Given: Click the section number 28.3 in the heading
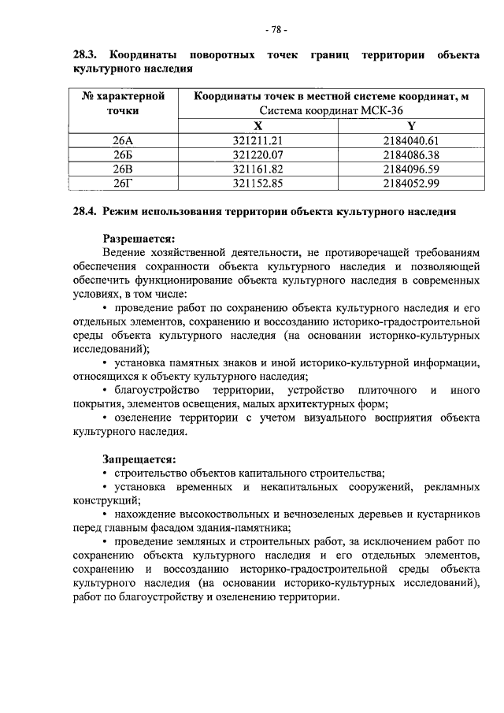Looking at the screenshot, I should tap(86, 56).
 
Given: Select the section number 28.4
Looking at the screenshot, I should tap(85, 212).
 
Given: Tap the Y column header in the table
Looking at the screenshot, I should tap(410, 126).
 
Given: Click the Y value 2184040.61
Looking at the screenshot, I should tap(410, 141).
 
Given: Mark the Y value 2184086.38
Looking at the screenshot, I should tap(410, 155).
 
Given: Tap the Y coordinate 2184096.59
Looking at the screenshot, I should tap(410, 169).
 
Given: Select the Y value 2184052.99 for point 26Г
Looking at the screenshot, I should tap(410, 184).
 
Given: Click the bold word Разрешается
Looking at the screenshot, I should tap(139, 238).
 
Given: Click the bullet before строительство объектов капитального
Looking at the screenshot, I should tap(106, 473).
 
